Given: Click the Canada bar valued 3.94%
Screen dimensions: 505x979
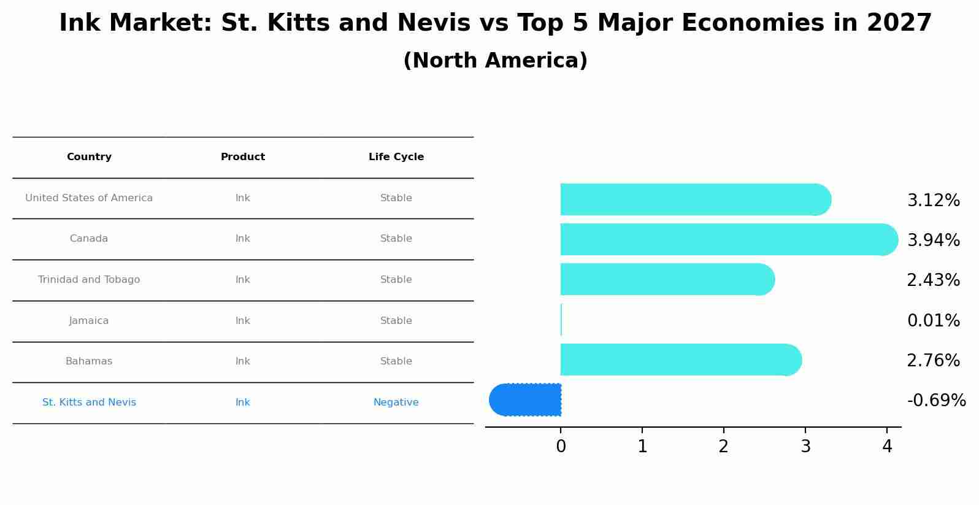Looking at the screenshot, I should [724, 239].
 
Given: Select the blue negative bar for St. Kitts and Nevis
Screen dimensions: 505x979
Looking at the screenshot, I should [528, 399].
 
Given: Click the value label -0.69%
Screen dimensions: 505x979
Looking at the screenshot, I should [936, 401].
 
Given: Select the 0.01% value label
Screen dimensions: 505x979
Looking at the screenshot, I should [933, 321].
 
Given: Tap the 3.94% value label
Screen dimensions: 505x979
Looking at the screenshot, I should [933, 241].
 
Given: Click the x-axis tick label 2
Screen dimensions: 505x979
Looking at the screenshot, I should [724, 447].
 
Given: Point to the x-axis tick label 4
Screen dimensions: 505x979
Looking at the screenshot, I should [887, 447].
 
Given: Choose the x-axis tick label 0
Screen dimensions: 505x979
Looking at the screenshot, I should [561, 447].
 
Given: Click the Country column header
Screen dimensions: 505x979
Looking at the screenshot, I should [89, 157].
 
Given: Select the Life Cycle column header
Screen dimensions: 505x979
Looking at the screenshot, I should [396, 157].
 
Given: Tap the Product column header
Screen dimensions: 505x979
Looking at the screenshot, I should [243, 157].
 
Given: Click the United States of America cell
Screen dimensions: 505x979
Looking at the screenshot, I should [89, 198].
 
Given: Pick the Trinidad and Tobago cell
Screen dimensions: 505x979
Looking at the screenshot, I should [89, 280].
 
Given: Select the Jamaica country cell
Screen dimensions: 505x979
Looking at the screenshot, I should [89, 321].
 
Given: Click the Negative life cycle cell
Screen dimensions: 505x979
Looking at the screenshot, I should [396, 403].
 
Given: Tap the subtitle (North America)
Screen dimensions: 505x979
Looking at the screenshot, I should [495, 61].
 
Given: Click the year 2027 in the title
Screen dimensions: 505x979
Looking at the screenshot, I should [899, 23].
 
